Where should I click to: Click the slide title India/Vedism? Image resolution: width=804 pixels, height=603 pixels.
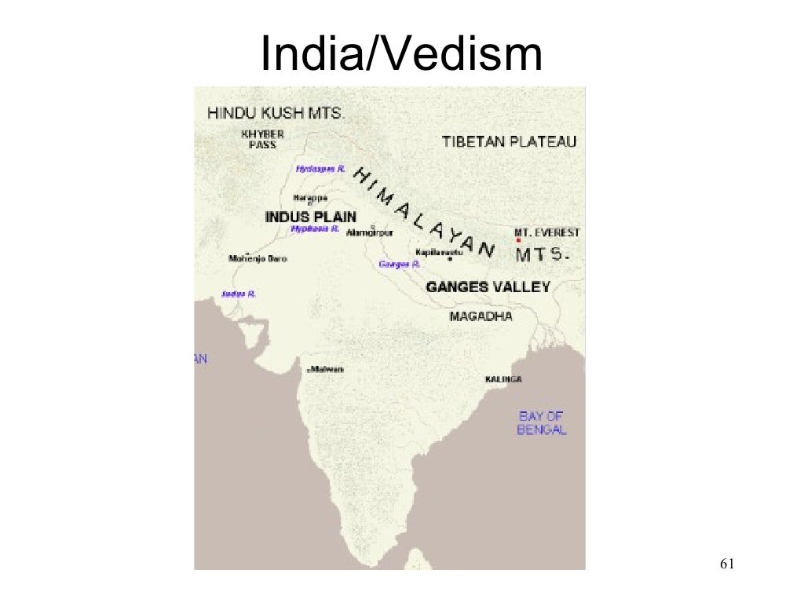401,55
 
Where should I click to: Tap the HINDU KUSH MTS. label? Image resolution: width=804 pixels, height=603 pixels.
275,113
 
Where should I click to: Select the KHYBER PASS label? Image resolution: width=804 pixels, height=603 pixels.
263,139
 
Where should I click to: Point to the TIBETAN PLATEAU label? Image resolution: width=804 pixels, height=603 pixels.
509,142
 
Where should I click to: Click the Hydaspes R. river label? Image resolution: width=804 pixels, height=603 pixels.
320,169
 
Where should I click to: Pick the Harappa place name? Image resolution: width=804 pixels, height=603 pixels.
310,198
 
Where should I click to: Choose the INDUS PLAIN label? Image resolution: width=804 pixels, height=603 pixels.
310,217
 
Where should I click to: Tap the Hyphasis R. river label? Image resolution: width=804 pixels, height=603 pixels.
314,228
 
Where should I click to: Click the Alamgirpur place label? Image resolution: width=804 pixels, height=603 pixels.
369,232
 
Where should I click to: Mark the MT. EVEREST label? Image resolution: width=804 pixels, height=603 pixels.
547,232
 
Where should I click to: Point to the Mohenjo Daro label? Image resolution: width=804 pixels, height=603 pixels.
258,258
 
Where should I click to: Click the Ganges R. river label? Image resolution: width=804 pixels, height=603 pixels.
400,265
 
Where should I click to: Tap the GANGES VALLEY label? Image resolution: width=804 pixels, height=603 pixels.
488,287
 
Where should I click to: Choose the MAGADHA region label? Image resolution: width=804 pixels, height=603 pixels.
481,316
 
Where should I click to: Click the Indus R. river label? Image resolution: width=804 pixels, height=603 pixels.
239,294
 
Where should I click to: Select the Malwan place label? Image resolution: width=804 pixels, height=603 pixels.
327,369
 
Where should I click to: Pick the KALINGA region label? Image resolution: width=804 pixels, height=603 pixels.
503,379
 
